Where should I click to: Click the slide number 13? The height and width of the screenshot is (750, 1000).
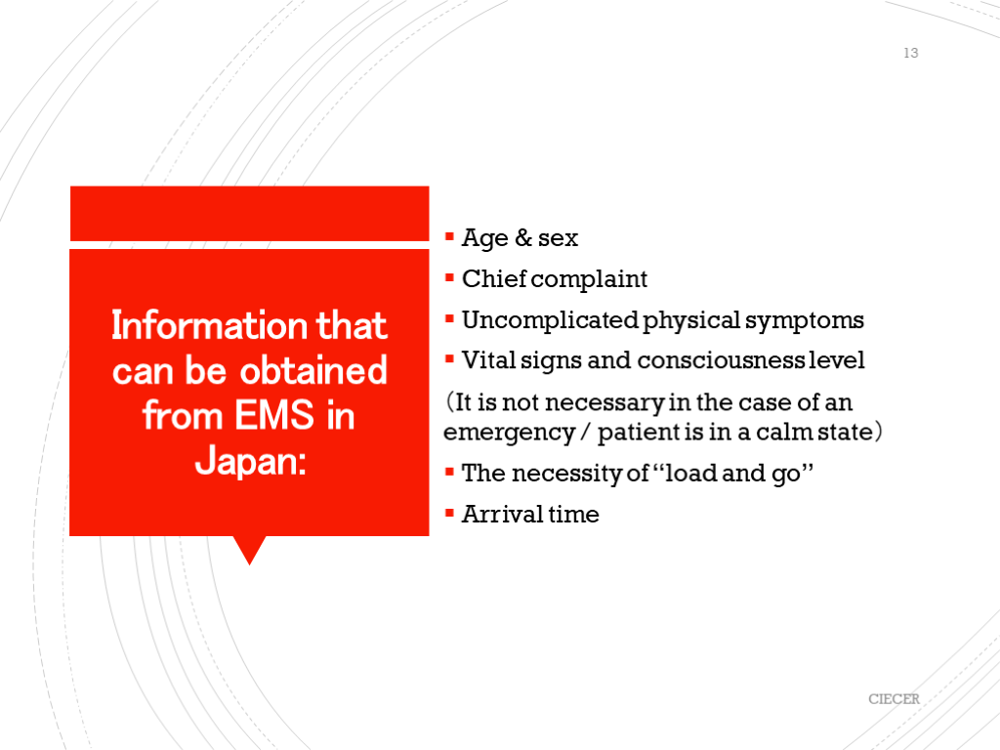(911, 53)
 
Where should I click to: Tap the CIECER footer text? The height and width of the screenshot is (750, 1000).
(894, 699)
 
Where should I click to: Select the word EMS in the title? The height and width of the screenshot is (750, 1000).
(274, 415)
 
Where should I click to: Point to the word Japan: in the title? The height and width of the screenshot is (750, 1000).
(250, 461)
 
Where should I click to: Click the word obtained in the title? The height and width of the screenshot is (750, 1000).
(313, 370)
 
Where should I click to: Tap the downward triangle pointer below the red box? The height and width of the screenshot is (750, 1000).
(249, 550)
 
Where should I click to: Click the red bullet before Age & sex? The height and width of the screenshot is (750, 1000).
(449, 237)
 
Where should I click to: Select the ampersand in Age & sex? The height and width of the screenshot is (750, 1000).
(523, 237)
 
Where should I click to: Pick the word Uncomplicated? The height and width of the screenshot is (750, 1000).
(550, 320)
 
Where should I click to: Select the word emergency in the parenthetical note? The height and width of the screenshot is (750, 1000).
(509, 433)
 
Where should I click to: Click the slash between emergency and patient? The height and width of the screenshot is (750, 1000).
(586, 432)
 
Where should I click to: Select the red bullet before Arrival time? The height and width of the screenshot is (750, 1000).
(449, 513)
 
